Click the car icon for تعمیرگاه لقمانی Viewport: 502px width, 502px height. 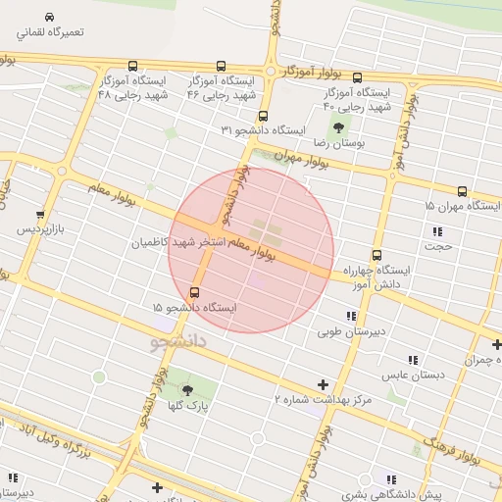click(x=50, y=16)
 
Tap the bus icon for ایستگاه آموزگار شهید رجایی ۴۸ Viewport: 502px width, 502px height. click(x=105, y=67)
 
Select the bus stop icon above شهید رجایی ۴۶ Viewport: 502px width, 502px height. click(x=221, y=66)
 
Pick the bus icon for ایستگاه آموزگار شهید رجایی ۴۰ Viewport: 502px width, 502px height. click(x=356, y=77)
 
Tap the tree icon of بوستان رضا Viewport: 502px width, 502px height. click(x=339, y=127)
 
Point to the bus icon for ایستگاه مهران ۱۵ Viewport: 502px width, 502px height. click(x=462, y=191)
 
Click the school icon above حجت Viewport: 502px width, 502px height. click(x=437, y=231)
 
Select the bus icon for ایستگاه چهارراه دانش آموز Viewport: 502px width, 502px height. click(x=376, y=255)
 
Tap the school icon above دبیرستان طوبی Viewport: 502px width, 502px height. click(x=350, y=316)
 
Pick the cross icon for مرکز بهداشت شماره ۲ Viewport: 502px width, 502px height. click(x=323, y=384)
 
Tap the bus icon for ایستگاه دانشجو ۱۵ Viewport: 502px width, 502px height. click(x=193, y=292)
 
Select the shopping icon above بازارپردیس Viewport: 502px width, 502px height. click(x=39, y=214)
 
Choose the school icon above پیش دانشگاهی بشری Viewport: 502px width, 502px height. click(x=391, y=478)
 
